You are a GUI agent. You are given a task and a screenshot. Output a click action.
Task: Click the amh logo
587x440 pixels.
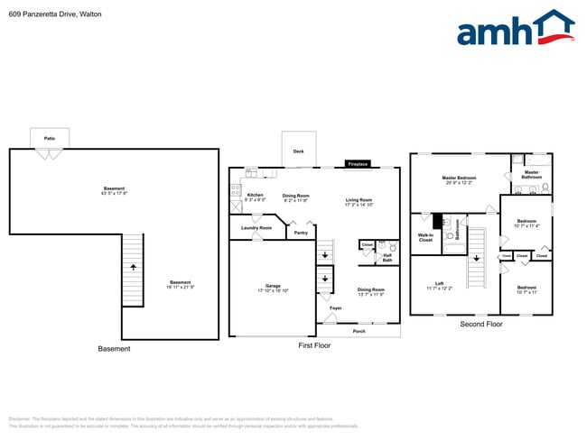[515, 29]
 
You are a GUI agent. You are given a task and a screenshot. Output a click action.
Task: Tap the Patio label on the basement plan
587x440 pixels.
[50, 138]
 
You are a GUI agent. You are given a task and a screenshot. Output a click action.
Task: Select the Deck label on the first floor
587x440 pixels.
[298, 151]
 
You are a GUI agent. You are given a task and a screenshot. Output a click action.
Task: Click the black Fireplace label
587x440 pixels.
[358, 164]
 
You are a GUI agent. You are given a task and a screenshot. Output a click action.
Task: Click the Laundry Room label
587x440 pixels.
[256, 228]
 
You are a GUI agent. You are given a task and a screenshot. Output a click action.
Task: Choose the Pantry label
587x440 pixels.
[301, 233]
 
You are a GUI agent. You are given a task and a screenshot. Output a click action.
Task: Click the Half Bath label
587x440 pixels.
[387, 258]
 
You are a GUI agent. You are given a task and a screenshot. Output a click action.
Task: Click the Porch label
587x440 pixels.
[359, 331]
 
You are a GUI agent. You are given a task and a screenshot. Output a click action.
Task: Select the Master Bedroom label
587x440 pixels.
[459, 179]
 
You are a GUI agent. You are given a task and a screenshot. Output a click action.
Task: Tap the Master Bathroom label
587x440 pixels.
[531, 174]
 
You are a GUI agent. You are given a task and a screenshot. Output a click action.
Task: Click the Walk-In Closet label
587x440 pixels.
[425, 238]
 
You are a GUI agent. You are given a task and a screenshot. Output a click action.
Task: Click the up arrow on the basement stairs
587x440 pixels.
[133, 268]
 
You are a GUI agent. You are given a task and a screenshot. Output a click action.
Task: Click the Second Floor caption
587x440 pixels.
[481, 324]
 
